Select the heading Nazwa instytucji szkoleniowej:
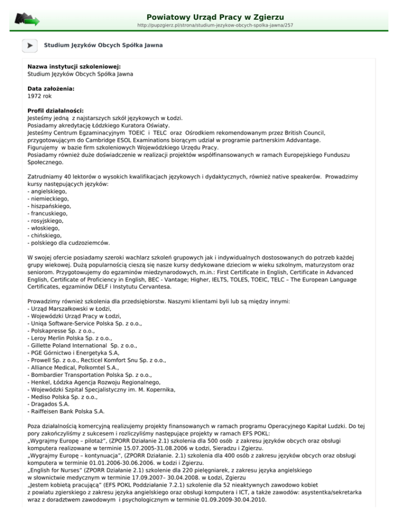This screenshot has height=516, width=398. pos(74,67)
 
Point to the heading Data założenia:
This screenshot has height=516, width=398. pos(51,89)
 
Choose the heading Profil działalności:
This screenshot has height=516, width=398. pos(55,111)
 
